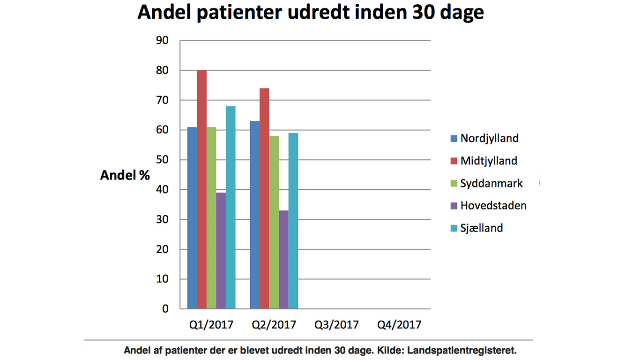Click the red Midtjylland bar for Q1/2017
[x=202, y=189]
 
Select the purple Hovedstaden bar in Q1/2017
[x=221, y=251]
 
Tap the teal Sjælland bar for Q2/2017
[x=293, y=221]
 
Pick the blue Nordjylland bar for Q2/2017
[x=255, y=215]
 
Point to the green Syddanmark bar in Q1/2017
[x=211, y=218]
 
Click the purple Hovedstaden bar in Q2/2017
[x=284, y=260]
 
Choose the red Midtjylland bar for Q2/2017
[x=265, y=198]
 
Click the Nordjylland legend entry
[x=484, y=138]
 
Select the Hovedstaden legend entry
[x=489, y=206]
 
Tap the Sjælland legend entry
[x=476, y=228]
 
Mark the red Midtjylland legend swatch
[x=454, y=161]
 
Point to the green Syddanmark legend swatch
[x=454, y=183]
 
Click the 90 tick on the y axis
[x=162, y=41]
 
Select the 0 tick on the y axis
[x=165, y=309]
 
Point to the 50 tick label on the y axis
[x=162, y=160]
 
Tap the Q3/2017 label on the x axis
[x=336, y=325]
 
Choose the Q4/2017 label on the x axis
[x=399, y=325]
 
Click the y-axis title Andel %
[x=125, y=175]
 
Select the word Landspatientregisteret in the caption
[x=461, y=350]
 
